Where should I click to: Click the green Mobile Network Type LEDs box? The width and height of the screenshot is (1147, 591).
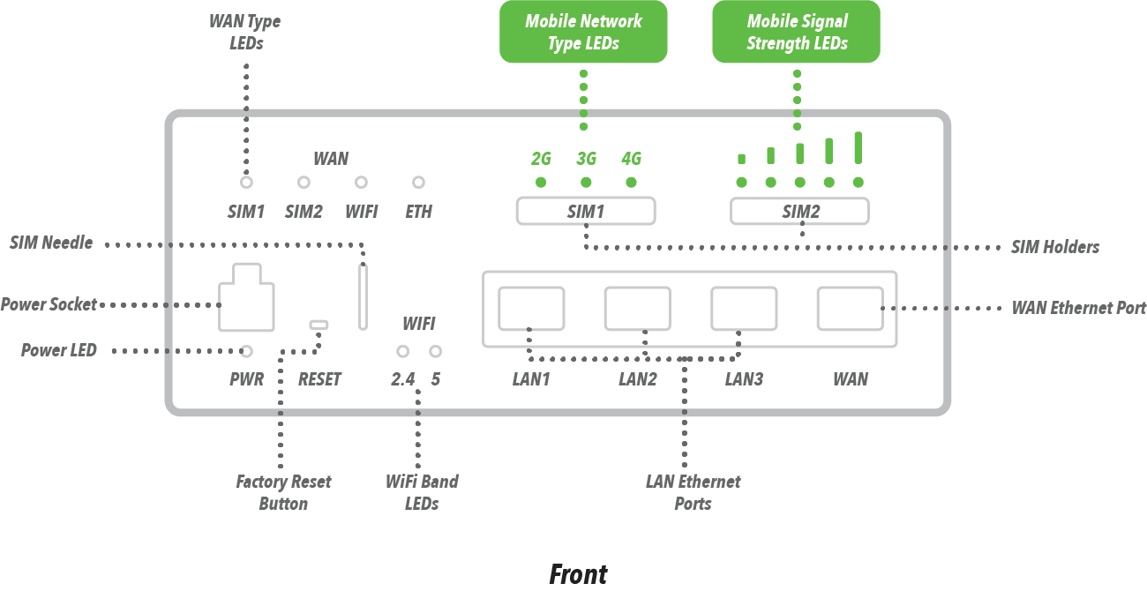(583, 32)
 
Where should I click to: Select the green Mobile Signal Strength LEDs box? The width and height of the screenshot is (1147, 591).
(796, 32)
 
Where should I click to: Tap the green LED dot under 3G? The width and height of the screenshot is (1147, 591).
(586, 183)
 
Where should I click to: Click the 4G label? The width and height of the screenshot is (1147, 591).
(631, 159)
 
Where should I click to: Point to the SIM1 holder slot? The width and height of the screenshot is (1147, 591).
(585, 212)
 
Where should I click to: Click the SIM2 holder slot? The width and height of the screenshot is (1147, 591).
(799, 212)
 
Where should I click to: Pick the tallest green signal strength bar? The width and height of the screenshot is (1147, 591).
(858, 147)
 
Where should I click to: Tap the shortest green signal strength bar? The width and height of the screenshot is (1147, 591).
(741, 159)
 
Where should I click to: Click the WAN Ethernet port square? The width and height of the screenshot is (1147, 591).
(850, 308)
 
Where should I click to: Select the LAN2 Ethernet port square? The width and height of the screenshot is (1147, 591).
(637, 308)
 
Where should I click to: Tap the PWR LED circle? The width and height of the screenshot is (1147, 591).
(247, 351)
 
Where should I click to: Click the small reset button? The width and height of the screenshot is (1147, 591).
(319, 325)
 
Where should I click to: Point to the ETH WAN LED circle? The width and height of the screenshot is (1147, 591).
(419, 183)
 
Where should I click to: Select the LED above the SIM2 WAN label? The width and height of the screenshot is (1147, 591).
(304, 183)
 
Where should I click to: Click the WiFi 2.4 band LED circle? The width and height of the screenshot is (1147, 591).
(402, 351)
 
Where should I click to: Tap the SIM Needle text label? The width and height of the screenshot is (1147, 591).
(51, 243)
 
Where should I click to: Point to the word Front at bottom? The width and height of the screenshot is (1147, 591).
(578, 574)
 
